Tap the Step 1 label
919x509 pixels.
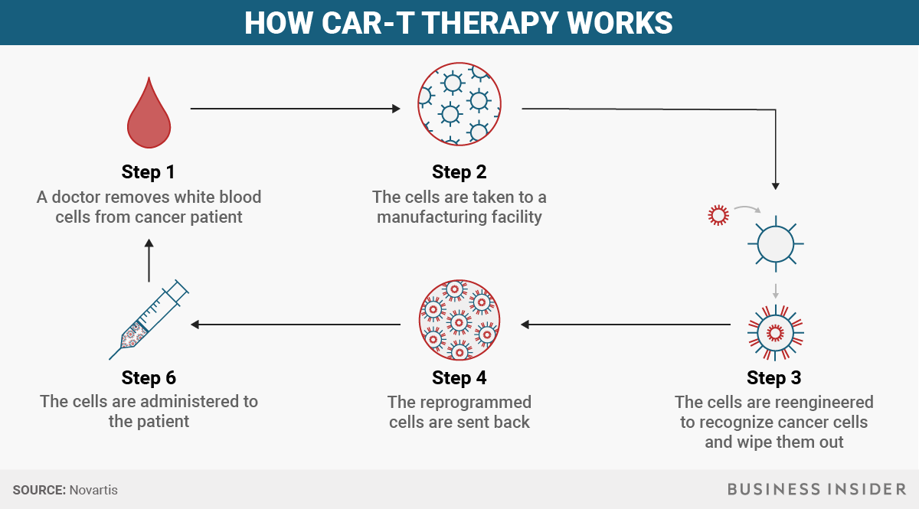point(152,171)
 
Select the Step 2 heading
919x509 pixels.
point(459,171)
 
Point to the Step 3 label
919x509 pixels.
point(773,377)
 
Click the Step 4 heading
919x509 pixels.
point(459,377)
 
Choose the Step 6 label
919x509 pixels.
point(149,377)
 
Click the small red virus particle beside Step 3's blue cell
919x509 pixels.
point(717,215)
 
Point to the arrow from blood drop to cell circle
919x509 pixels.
point(295,109)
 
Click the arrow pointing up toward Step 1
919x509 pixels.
point(149,260)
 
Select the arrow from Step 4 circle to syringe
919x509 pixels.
point(295,325)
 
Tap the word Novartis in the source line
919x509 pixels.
point(93,490)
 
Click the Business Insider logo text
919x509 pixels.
point(816,489)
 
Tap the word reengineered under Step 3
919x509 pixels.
point(823,402)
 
